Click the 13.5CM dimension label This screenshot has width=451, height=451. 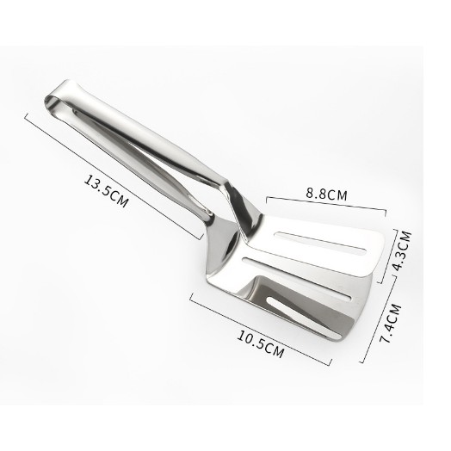tap(106, 191)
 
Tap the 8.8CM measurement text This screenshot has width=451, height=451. tap(326, 195)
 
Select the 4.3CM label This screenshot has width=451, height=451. tap(402, 250)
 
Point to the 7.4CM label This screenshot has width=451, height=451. tap(390, 324)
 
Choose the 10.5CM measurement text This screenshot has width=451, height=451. tap(260, 344)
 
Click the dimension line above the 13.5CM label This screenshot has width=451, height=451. tap(114, 176)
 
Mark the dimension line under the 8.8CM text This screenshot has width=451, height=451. tap(326, 204)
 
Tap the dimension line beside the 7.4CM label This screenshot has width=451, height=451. tap(379, 318)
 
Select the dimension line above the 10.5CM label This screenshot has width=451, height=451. tap(261, 328)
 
